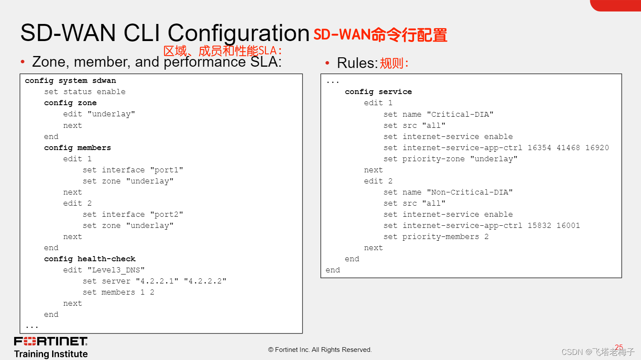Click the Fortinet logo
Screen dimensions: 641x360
pyautogui.click(x=50, y=341)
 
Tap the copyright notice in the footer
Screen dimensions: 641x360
pyautogui.click(x=320, y=350)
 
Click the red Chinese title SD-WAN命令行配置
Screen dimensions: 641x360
pyautogui.click(x=380, y=35)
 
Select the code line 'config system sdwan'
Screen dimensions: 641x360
pyautogui.click(x=70, y=80)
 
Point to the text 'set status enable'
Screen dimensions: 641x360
pyautogui.click(x=85, y=91)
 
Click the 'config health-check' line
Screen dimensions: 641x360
pyautogui.click(x=90, y=259)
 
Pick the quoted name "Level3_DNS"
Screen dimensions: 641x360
pyautogui.click(x=116, y=270)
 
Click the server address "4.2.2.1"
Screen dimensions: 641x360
pyautogui.click(x=157, y=281)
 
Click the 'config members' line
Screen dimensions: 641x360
pyautogui.click(x=77, y=148)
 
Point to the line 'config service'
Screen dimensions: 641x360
pyautogui.click(x=378, y=91)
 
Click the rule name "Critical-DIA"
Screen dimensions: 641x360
pyautogui.click(x=460, y=114)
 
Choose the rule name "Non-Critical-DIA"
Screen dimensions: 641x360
pyautogui.click(x=470, y=192)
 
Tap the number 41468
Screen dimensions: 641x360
pyautogui.click(x=568, y=148)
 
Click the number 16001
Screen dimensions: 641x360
pyautogui.click(x=568, y=225)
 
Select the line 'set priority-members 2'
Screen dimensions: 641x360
pyautogui.click(x=436, y=236)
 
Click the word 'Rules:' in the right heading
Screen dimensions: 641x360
pyautogui.click(x=357, y=63)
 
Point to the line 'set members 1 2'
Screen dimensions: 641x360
pyautogui.click(x=118, y=292)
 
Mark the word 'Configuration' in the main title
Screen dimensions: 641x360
pyautogui.click(x=238, y=33)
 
